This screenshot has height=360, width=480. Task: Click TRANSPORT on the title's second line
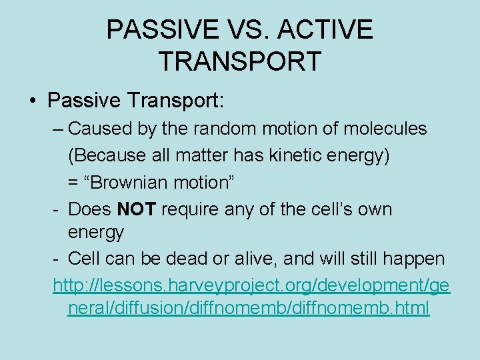tap(240, 61)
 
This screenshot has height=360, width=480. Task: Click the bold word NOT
tap(137, 209)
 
